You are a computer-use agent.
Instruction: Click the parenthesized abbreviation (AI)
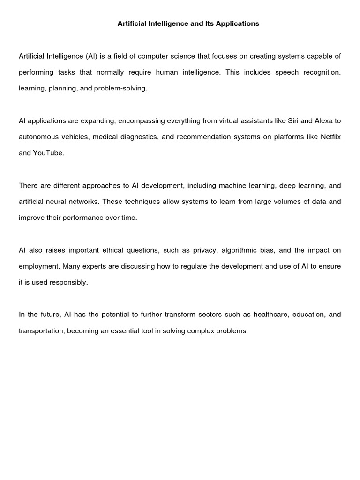(x=92, y=56)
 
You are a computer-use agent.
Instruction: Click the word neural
(x=63, y=202)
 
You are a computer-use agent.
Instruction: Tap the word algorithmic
(x=241, y=250)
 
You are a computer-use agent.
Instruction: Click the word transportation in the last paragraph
(x=41, y=331)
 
